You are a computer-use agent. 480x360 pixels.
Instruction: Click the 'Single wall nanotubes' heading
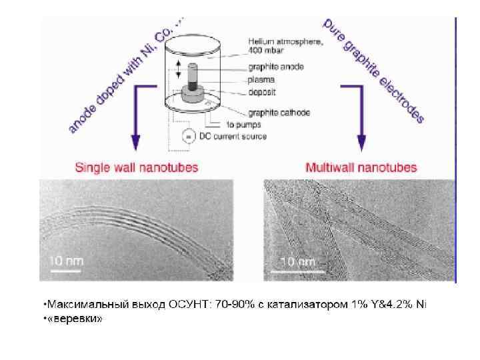click(x=136, y=167)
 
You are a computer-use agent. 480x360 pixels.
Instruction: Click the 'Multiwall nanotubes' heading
click(x=361, y=167)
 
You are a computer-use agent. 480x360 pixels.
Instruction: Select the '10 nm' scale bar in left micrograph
click(x=65, y=262)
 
